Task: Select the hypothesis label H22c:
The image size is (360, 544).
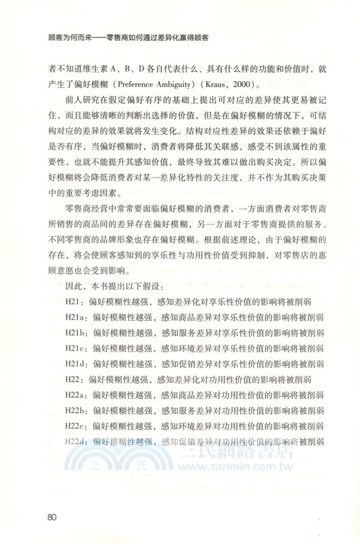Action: pos(78,425)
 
